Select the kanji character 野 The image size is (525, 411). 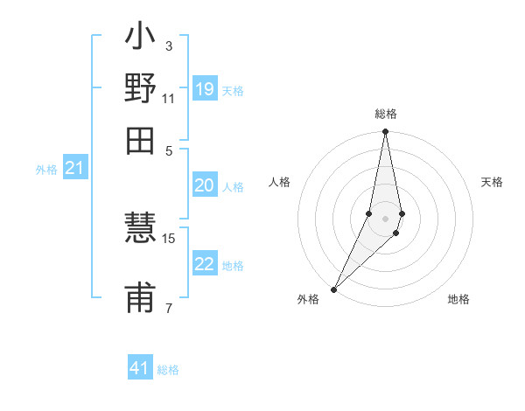(141, 91)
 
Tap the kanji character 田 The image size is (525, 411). (141, 140)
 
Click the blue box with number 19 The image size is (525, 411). (205, 89)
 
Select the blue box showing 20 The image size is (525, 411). (205, 185)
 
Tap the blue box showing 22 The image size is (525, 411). (205, 264)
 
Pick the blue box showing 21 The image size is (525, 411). (74, 169)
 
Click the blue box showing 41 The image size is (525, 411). (140, 368)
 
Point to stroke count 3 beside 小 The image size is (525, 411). (169, 45)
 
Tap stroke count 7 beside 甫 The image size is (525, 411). (169, 308)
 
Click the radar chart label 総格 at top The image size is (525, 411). (386, 115)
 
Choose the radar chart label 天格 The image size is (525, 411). (492, 182)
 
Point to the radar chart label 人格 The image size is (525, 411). (279, 182)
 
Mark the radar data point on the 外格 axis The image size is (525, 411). (334, 289)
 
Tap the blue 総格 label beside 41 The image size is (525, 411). (168, 370)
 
